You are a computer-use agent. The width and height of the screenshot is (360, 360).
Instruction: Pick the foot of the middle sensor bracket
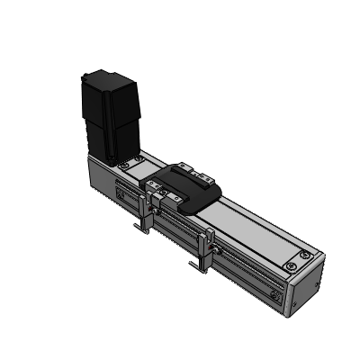click(197, 268)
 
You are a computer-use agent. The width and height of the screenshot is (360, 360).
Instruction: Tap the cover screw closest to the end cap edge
click(292, 266)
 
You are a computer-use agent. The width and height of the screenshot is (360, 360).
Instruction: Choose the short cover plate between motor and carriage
click(139, 167)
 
